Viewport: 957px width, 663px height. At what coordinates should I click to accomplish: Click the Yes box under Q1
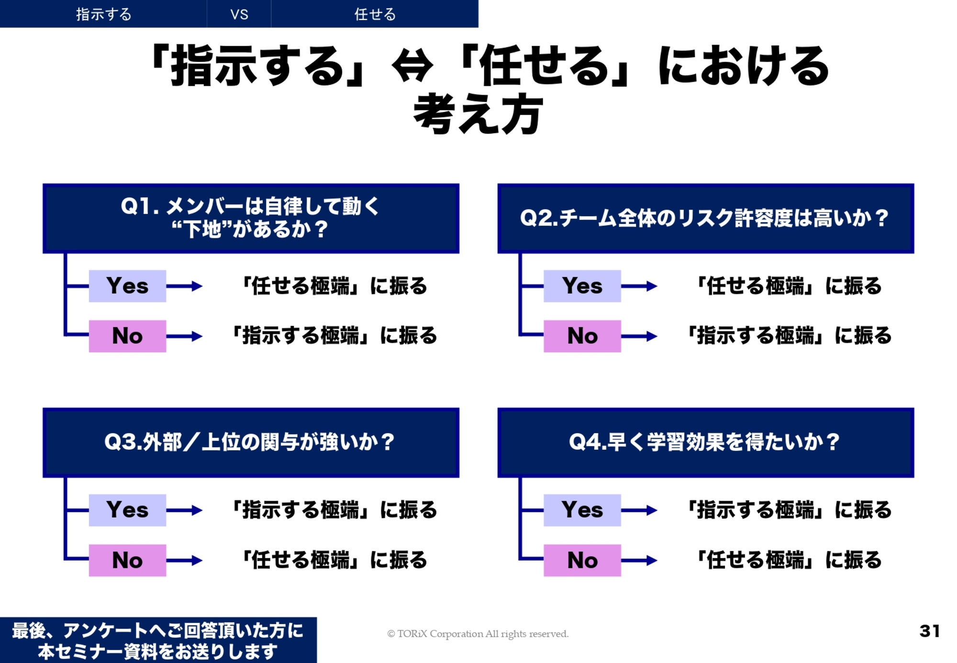coord(127,286)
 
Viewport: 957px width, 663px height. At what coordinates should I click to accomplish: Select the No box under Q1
coord(127,336)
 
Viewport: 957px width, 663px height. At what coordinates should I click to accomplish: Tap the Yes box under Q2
coord(582,286)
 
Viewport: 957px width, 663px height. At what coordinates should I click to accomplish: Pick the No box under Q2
coord(582,336)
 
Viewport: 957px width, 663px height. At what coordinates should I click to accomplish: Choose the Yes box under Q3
coord(127,510)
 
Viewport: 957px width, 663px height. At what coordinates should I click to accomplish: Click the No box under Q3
coord(127,560)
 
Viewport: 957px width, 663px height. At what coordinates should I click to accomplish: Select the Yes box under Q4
coord(582,510)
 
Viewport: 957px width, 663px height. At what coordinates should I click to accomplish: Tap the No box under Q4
coord(582,560)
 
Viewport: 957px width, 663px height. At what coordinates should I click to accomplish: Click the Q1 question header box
coord(251,218)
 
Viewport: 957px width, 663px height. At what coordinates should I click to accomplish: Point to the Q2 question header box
coord(706,218)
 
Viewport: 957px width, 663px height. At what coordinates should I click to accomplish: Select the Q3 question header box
coord(251,443)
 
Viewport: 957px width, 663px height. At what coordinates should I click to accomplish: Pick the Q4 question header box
coord(706,443)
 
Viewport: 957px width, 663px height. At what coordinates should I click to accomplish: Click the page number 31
coord(930,631)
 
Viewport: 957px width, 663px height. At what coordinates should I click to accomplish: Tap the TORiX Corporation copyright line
coord(478,634)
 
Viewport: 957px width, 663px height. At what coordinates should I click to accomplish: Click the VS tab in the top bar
coord(239,14)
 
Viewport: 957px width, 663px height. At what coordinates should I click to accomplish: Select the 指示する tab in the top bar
coord(103,14)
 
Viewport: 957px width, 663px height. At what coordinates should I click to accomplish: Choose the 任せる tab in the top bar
coord(375,14)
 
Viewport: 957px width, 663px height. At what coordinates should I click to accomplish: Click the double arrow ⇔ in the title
coord(412,66)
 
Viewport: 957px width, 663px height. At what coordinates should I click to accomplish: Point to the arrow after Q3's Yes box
coord(184,510)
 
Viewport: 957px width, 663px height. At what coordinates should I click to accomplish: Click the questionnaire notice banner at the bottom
coord(158,640)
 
